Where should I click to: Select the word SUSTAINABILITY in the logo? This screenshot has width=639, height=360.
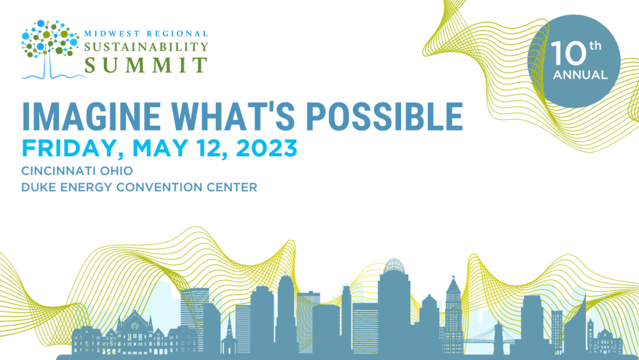pyautogui.click(x=146, y=48)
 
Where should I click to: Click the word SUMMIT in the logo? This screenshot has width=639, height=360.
pyautogui.click(x=146, y=65)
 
